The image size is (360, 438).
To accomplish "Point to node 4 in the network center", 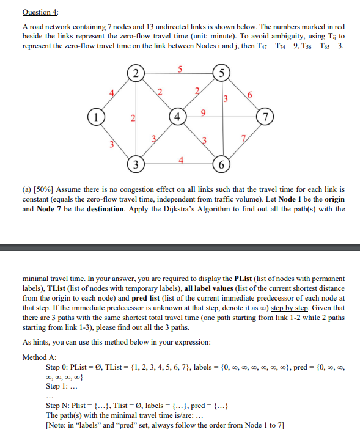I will (x=178, y=117).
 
